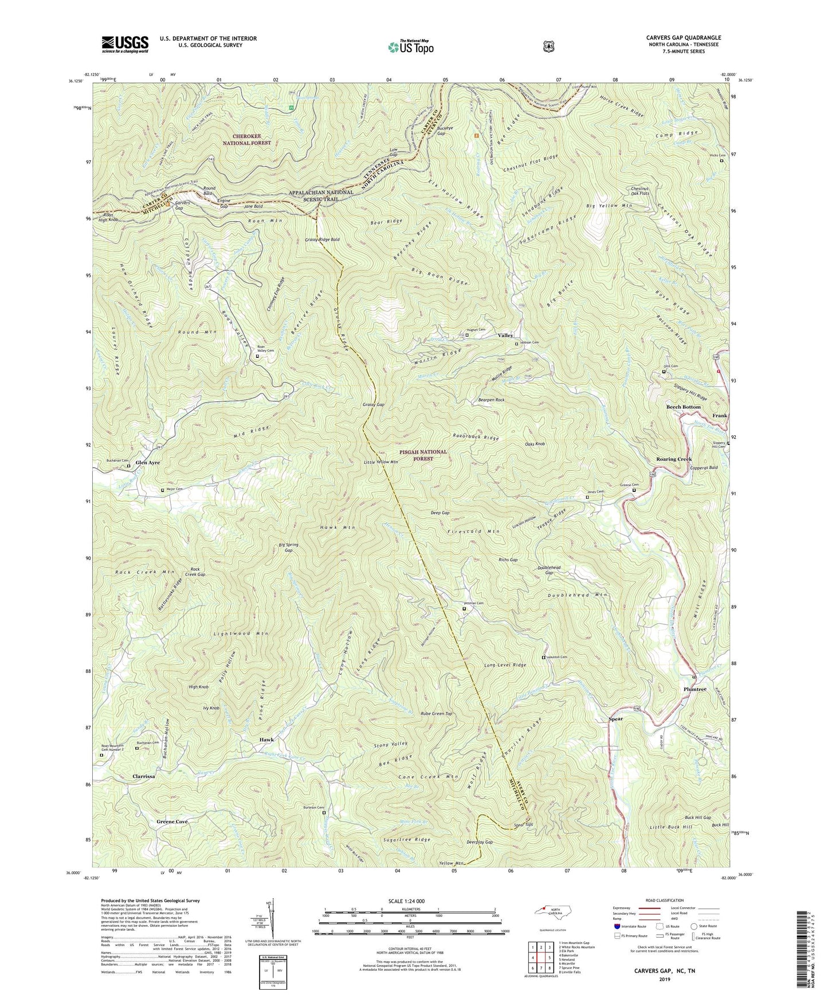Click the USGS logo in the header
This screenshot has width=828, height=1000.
click(125, 44)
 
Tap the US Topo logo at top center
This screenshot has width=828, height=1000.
click(409, 46)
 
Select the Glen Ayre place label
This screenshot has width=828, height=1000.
click(147, 463)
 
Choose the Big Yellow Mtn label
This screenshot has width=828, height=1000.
click(609, 205)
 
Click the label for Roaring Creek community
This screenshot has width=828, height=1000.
click(674, 459)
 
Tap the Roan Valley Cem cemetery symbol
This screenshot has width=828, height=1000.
click(257, 356)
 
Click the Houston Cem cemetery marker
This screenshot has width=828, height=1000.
click(544, 658)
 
